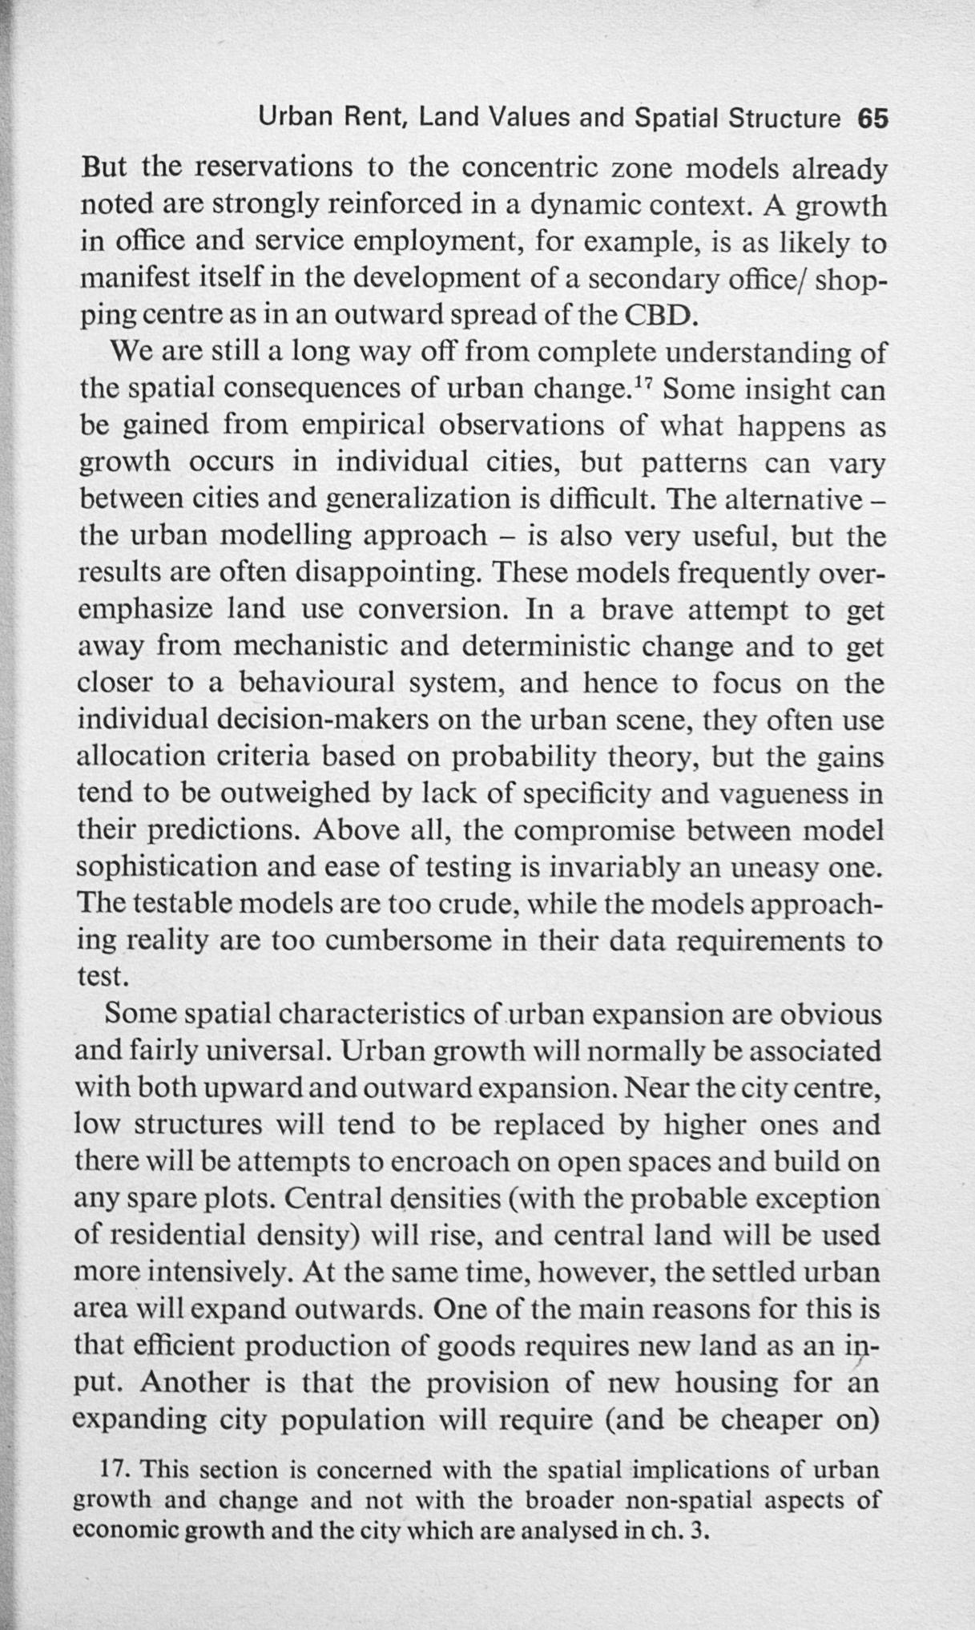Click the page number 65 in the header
point(873,119)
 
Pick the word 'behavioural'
point(317,684)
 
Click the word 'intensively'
point(212,1273)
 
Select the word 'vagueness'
point(784,794)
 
